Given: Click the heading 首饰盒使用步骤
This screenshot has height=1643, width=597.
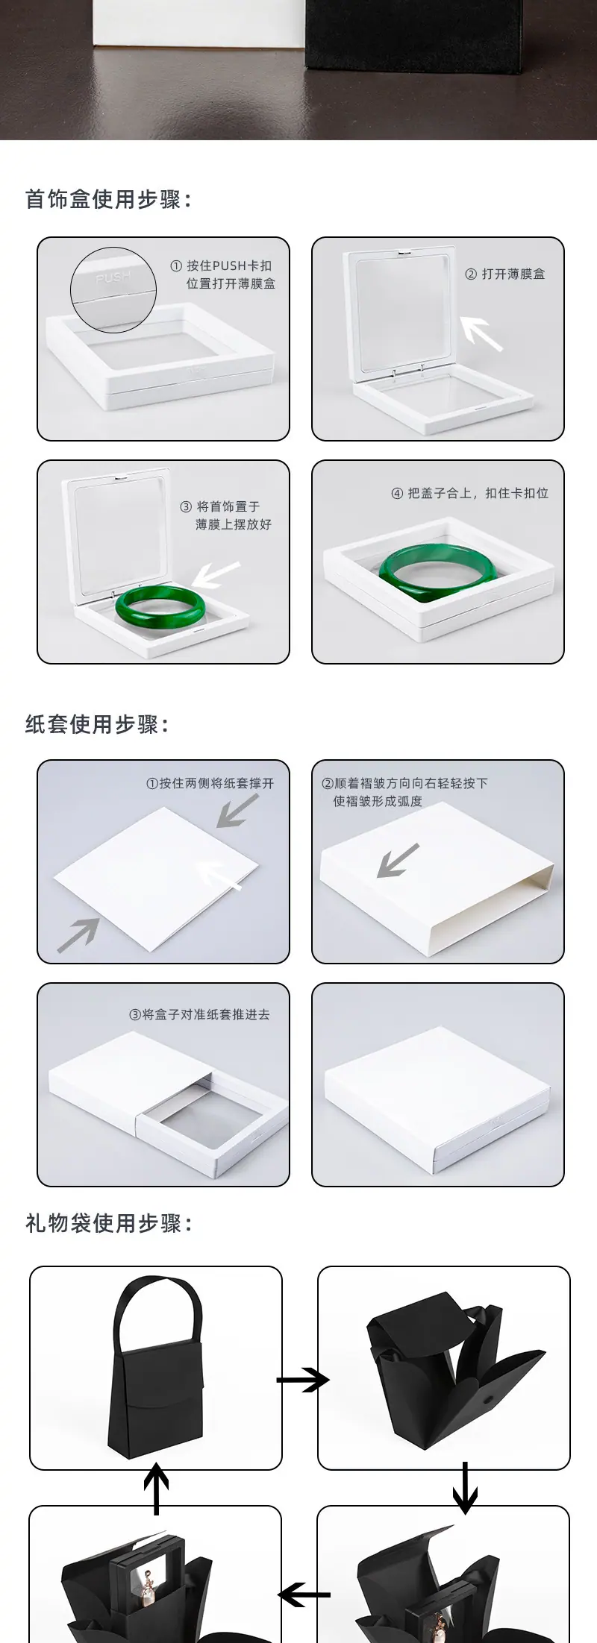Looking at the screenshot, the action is coord(109,200).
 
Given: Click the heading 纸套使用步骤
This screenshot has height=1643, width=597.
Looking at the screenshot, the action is coord(98,723).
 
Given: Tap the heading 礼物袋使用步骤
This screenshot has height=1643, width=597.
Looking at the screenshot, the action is coord(109,1223).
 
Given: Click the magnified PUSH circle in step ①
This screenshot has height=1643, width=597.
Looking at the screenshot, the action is coord(113,289).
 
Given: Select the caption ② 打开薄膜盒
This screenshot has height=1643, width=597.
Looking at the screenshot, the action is coord(504,274).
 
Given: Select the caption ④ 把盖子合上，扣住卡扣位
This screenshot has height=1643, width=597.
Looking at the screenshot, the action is coord(470,493).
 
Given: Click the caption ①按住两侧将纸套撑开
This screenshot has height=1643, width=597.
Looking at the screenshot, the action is coord(210,783).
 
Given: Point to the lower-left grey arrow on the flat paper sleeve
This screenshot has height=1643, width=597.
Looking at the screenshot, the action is coord(78,934).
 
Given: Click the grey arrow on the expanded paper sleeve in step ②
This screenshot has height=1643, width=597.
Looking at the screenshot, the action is coord(398,860).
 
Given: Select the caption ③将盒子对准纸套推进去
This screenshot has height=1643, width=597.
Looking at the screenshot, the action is coord(199,1014).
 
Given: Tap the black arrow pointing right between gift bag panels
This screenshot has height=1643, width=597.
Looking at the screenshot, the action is coord(303,1380).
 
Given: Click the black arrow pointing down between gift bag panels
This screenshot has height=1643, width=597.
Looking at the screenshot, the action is coord(465,1488).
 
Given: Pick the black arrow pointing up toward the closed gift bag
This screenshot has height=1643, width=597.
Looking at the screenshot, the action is coord(156,1489).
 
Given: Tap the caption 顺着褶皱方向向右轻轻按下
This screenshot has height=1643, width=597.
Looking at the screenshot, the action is coord(404,783).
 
